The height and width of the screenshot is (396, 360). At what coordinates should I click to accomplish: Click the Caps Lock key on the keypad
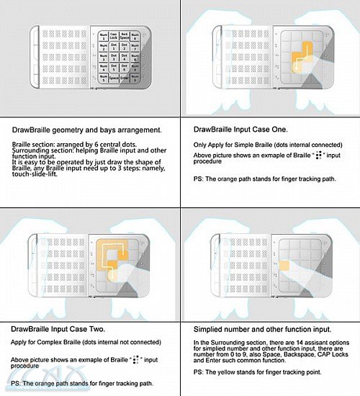[114, 35]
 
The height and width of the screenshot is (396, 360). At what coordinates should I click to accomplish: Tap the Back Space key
[125, 35]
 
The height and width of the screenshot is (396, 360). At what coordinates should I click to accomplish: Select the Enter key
[125, 77]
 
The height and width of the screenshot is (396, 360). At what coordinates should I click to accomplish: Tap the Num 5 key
[104, 77]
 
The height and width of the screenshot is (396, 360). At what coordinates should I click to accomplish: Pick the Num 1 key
[104, 35]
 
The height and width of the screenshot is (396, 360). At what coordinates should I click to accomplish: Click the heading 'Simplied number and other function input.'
[261, 329]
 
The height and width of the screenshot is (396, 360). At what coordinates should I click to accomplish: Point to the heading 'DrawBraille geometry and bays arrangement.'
[87, 130]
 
